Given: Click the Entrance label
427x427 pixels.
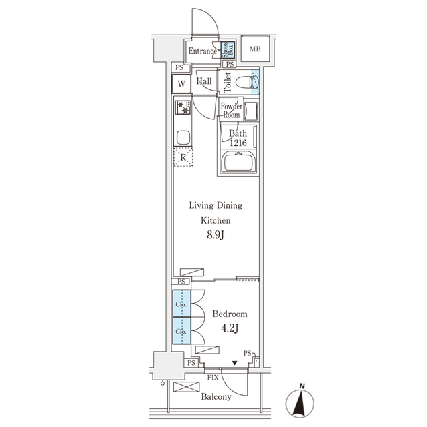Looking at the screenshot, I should click(x=202, y=51).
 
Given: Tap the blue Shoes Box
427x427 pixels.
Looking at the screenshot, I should click(x=228, y=49).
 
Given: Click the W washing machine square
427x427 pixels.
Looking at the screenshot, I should click(x=180, y=85).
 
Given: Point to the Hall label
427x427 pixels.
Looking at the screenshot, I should click(x=204, y=81).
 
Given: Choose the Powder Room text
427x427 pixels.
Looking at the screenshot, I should click(x=231, y=110).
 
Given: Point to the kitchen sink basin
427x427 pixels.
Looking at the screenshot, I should click(x=183, y=138).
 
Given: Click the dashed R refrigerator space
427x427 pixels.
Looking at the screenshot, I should click(x=183, y=157).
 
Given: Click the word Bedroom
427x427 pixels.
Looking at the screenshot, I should click(x=230, y=314).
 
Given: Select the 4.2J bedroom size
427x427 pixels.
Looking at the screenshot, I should click(x=230, y=328).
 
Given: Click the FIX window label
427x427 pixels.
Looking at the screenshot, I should click(x=213, y=378).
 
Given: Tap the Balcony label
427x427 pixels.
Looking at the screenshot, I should click(x=216, y=397).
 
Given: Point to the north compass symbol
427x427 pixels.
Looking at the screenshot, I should click(x=302, y=402).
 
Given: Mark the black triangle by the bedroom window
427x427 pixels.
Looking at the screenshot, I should click(x=234, y=363).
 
